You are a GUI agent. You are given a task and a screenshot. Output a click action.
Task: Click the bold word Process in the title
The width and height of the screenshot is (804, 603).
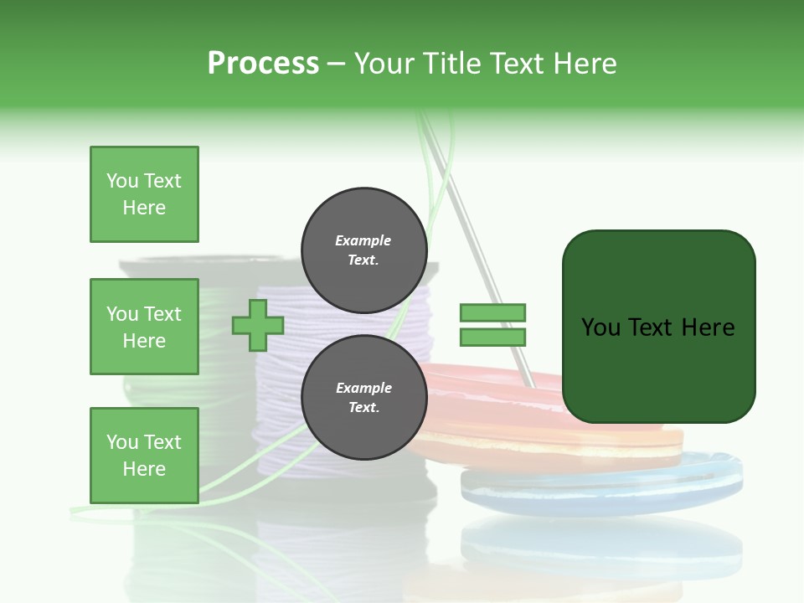(x=263, y=64)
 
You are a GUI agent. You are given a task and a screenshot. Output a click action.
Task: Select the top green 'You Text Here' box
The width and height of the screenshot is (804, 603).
(x=144, y=194)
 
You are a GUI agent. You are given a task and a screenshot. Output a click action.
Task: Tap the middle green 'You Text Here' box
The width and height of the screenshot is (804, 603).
(x=144, y=327)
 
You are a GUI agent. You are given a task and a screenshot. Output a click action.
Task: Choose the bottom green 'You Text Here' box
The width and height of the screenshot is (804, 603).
(x=144, y=455)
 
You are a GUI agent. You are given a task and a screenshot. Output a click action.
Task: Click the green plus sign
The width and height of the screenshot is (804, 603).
(x=258, y=325)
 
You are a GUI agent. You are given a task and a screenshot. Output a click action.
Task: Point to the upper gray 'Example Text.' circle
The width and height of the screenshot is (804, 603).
(x=363, y=250)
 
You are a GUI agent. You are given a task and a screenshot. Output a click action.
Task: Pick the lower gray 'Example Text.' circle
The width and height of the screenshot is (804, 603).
(x=363, y=397)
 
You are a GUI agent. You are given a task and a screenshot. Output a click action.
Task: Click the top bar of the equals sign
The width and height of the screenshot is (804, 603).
(x=492, y=312)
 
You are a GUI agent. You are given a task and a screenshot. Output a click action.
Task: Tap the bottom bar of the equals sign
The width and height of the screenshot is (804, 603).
(x=492, y=337)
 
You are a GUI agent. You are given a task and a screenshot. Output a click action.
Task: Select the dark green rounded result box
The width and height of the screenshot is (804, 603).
(x=658, y=327)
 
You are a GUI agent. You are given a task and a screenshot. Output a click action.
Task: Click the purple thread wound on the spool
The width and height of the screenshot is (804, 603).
(x=276, y=368)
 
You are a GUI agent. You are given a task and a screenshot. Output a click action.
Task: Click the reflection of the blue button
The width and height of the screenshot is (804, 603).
(x=603, y=544)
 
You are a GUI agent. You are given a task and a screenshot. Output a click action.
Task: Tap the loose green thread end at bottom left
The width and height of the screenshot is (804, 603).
(x=92, y=508)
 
